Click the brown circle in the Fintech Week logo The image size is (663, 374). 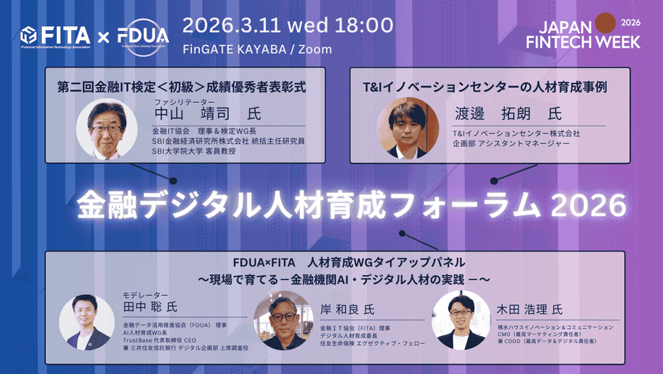pyautogui.click(x=605, y=23)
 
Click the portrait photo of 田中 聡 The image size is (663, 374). pyautogui.click(x=88, y=323)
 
